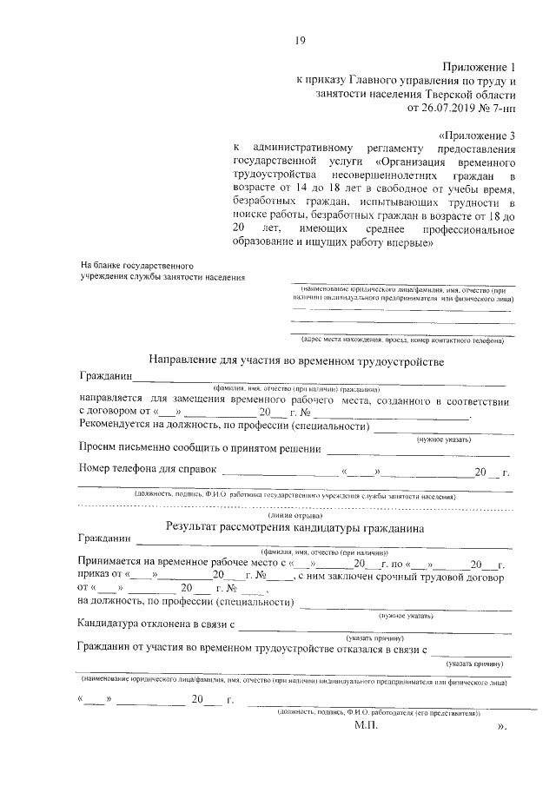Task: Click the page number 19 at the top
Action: [300, 38]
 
